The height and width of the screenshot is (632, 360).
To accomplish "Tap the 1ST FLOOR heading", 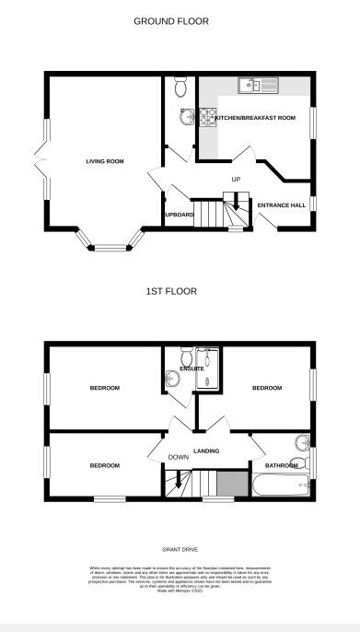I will coord(171,291).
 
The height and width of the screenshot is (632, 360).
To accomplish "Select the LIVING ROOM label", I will coord(105,161).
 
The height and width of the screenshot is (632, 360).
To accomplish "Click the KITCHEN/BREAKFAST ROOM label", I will coord(255,118).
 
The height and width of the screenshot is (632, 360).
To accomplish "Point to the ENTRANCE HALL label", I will coord(281,205).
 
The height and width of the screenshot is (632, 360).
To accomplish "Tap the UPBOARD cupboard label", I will coord(179,215).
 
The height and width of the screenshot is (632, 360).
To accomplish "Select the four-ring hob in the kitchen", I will coord(207,118).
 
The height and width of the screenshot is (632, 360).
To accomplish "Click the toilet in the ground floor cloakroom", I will coord(180,88).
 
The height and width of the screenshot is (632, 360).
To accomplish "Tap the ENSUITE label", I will coord(192,369).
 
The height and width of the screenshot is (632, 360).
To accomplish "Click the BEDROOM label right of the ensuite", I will coord(266,388).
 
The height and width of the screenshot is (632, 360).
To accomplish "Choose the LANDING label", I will coord(206,451).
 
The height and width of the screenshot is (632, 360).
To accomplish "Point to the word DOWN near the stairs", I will coord(178,457).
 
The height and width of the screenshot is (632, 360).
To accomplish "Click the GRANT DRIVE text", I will coord(180,549).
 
